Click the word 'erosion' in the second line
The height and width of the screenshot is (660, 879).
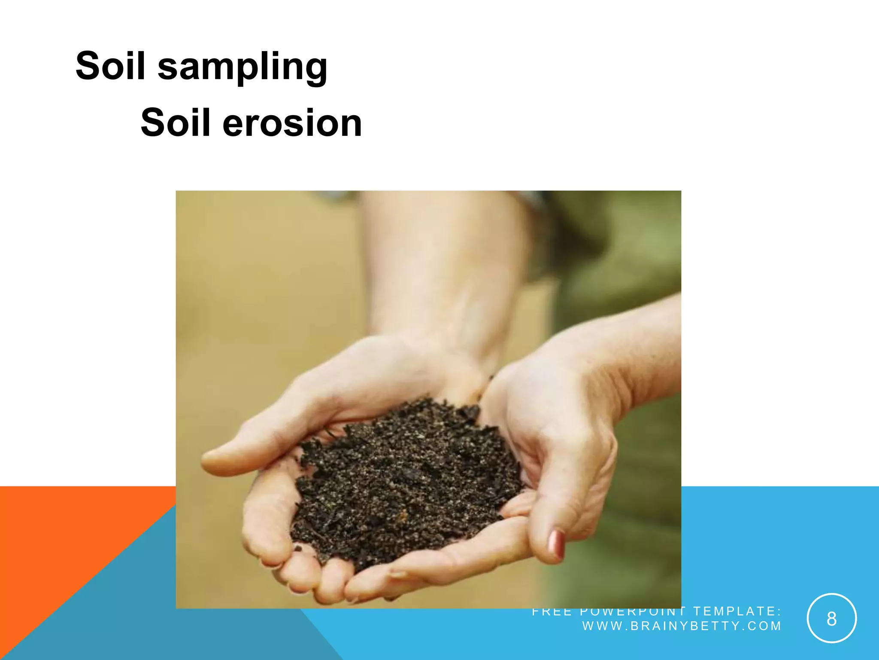click(292, 123)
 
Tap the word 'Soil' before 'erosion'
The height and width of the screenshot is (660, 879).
click(176, 123)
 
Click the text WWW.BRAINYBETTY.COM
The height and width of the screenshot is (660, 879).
click(682, 626)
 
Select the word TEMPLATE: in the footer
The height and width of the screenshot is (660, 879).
click(737, 611)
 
